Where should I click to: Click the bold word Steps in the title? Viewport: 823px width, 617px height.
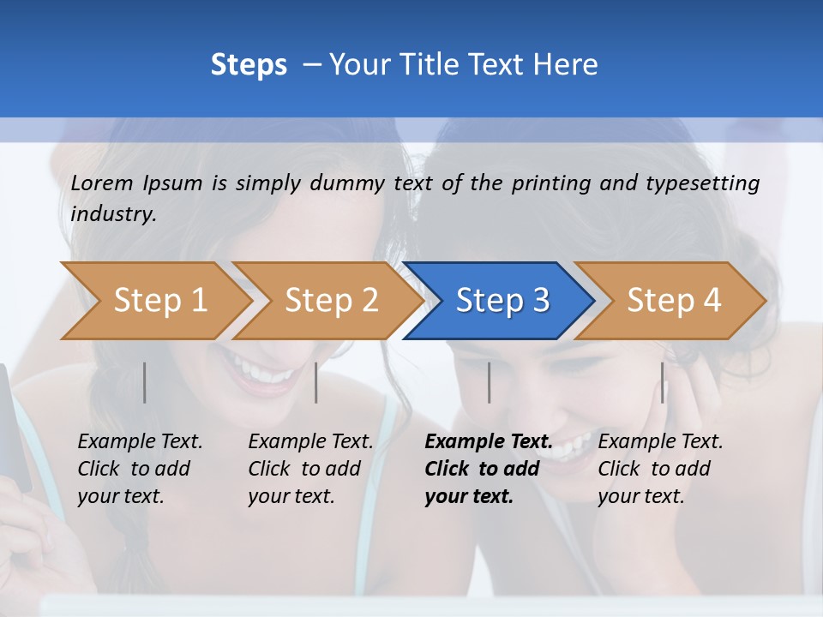249,65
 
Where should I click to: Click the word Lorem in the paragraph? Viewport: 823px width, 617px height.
102,183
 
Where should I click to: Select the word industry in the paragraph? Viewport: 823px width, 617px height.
112,214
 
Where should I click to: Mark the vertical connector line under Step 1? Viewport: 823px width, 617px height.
145,382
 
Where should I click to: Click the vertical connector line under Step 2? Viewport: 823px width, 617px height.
316,382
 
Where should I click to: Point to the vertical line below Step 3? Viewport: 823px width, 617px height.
489,382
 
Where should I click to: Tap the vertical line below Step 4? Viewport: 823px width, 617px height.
662,382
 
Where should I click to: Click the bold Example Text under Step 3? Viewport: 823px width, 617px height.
489,441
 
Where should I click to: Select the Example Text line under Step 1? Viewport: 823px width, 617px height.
140,441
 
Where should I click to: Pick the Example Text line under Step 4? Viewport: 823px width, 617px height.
660,441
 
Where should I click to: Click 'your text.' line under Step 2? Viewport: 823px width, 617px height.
291,496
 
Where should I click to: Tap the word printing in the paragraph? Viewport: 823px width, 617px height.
551,183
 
